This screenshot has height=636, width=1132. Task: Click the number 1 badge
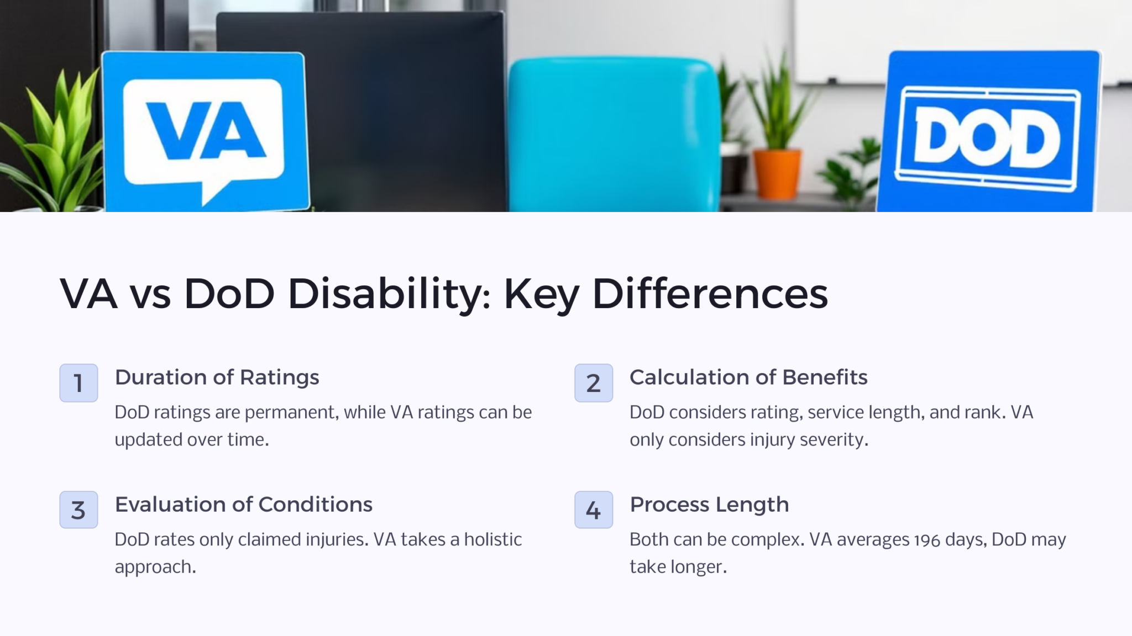(x=78, y=383)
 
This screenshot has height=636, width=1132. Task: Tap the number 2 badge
(x=593, y=383)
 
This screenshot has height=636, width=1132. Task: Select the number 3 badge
(x=78, y=510)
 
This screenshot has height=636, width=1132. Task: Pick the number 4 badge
(x=593, y=510)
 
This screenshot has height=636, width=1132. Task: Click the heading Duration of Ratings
(x=217, y=377)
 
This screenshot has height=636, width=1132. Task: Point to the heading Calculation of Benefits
(x=748, y=377)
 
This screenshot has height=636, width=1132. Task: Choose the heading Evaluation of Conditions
(x=243, y=504)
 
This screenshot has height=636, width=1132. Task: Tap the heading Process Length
(x=709, y=505)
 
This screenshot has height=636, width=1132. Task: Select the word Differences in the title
(x=710, y=293)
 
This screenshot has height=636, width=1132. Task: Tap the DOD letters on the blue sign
(x=987, y=136)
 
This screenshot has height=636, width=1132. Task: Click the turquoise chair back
(x=614, y=132)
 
